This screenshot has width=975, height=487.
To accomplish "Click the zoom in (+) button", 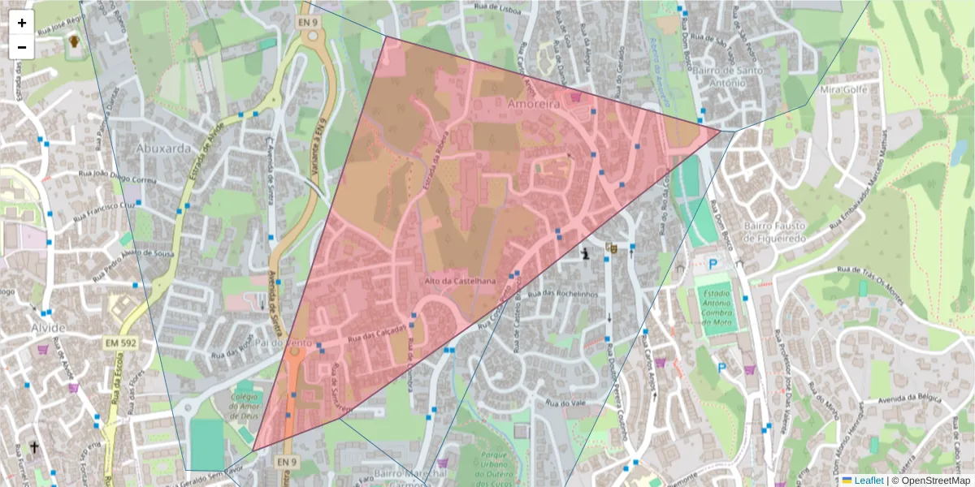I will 22,23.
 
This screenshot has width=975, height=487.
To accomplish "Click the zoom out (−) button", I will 22,47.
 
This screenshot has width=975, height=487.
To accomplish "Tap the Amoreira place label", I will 534,105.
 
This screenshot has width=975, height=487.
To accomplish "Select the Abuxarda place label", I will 165,149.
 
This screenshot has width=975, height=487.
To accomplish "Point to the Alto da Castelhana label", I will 460,281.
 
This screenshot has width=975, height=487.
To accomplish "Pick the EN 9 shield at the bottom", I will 285,462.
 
